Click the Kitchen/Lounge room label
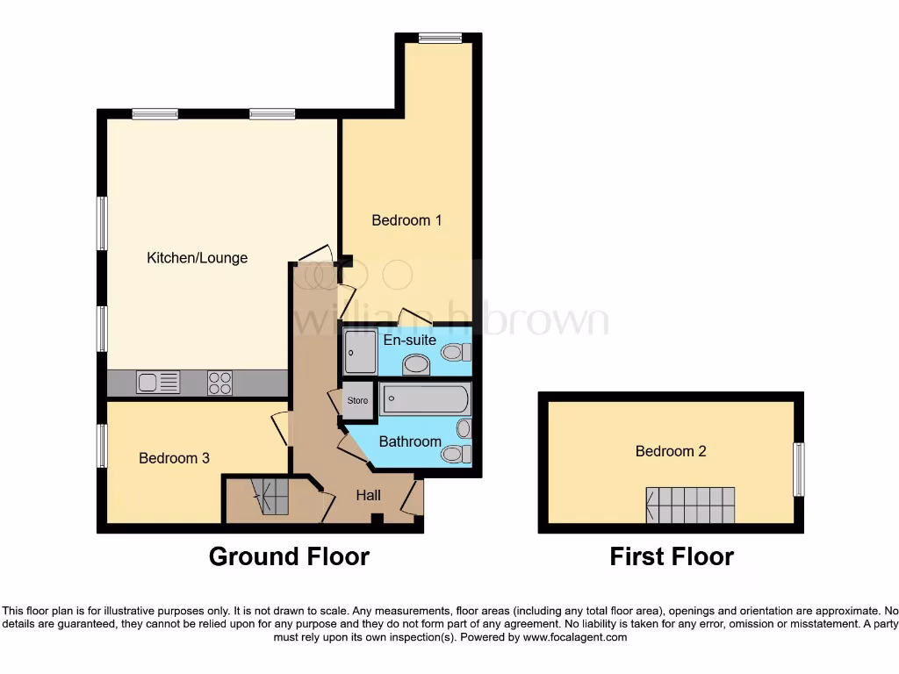tap(197, 258)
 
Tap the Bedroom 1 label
tap(406, 220)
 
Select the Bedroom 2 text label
tap(671, 451)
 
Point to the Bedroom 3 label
tap(174, 458)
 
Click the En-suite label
tap(409, 340)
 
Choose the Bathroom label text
tap(409, 441)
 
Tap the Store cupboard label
tap(357, 400)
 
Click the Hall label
tap(368, 496)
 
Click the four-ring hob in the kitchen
tap(219, 383)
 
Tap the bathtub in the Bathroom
tap(425, 399)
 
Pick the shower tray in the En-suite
tap(360, 352)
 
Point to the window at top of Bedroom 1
tap(440, 38)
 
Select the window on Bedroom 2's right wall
tap(798, 469)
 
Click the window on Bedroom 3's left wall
tap(102, 446)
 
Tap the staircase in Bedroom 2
tap(690, 505)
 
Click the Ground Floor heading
tap(289, 556)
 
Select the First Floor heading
tap(672, 556)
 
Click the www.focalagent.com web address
tap(574, 638)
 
